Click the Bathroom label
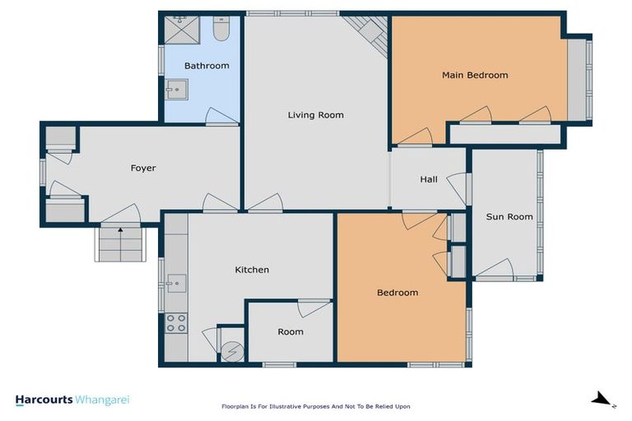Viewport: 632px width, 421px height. pyautogui.click(x=207, y=66)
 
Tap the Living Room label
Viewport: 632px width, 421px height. pyautogui.click(x=315, y=115)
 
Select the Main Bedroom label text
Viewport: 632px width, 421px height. pyautogui.click(x=475, y=76)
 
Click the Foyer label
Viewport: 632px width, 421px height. pyautogui.click(x=143, y=169)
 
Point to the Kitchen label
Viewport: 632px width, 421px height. pyautogui.click(x=252, y=270)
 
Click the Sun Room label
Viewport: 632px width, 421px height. pyautogui.click(x=509, y=217)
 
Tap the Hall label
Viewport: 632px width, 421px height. pyautogui.click(x=429, y=180)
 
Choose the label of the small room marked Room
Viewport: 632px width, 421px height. pyautogui.click(x=290, y=332)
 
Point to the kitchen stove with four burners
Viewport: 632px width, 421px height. pyautogui.click(x=176, y=323)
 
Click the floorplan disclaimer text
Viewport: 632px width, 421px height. pyautogui.click(x=315, y=406)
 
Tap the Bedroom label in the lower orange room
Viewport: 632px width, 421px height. pyautogui.click(x=397, y=293)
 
